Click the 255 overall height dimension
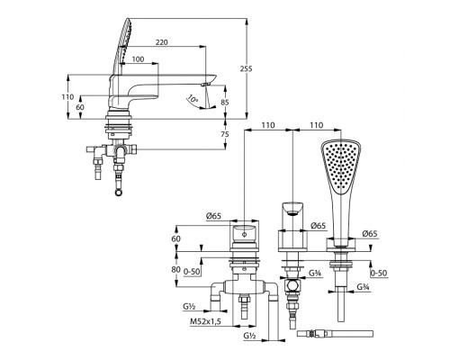(246, 68)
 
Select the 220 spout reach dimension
(162, 42)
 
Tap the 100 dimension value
(138, 59)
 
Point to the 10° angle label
(192, 98)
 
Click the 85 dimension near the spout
(225, 102)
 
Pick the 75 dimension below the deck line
(225, 134)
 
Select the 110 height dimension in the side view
(67, 97)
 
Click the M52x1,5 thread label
(205, 321)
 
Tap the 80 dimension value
(176, 269)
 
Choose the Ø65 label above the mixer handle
(213, 215)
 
